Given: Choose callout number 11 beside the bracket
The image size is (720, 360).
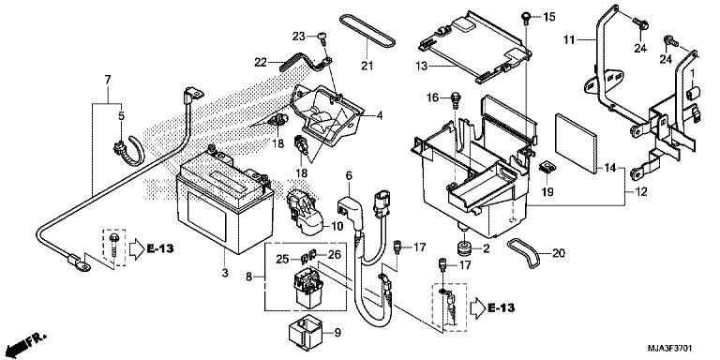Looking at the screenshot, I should (567, 41).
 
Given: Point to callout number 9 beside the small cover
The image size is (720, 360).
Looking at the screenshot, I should (337, 332).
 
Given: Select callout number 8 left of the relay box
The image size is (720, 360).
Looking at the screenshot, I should (248, 277).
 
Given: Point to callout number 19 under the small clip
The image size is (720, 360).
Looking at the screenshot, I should (547, 192).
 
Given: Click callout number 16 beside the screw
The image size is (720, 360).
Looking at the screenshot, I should (432, 97).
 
